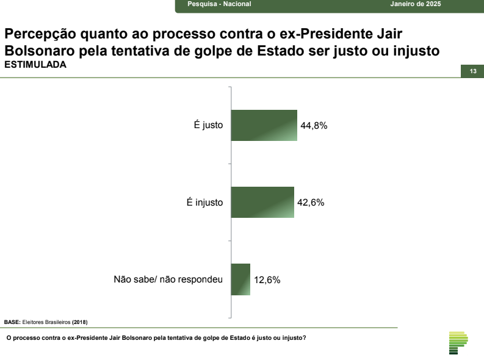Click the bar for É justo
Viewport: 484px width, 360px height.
[x=264, y=126]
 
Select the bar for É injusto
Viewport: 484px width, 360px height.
[x=263, y=203]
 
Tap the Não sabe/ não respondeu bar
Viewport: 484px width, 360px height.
[x=241, y=279]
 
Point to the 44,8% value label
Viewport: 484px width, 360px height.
[x=315, y=126]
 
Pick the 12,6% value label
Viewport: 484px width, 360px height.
[x=267, y=280]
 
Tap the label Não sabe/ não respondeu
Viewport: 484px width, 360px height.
[x=168, y=279]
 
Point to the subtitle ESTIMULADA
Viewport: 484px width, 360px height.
[x=35, y=65]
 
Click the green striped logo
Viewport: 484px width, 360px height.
[x=457, y=343]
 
